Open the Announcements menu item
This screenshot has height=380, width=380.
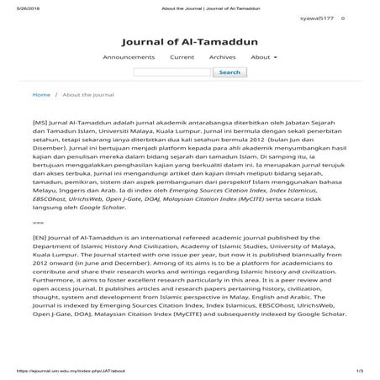point(129,57)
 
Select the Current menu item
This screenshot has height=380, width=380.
point(182,57)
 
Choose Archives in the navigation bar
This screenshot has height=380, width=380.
point(222,57)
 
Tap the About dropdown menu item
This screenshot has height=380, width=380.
point(263,57)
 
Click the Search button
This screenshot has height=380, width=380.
point(230,72)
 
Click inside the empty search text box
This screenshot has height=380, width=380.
point(172,72)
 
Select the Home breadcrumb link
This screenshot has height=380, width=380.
point(40,95)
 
